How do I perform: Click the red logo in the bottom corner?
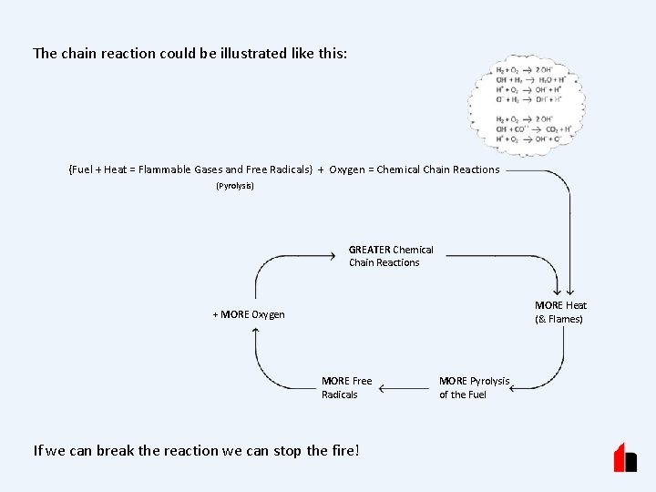625,457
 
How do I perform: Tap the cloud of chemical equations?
527,105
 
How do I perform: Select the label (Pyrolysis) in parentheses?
235,186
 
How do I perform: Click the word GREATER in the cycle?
369,250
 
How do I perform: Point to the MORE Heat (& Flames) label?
559,312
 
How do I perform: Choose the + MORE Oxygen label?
249,314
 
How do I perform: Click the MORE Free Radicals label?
346,387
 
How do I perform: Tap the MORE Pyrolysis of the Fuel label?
474,387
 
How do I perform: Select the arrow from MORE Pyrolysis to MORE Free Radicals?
405,388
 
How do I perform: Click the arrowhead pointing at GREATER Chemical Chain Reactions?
330,256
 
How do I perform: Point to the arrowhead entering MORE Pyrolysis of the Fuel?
515,388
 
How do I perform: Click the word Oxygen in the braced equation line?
349,169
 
